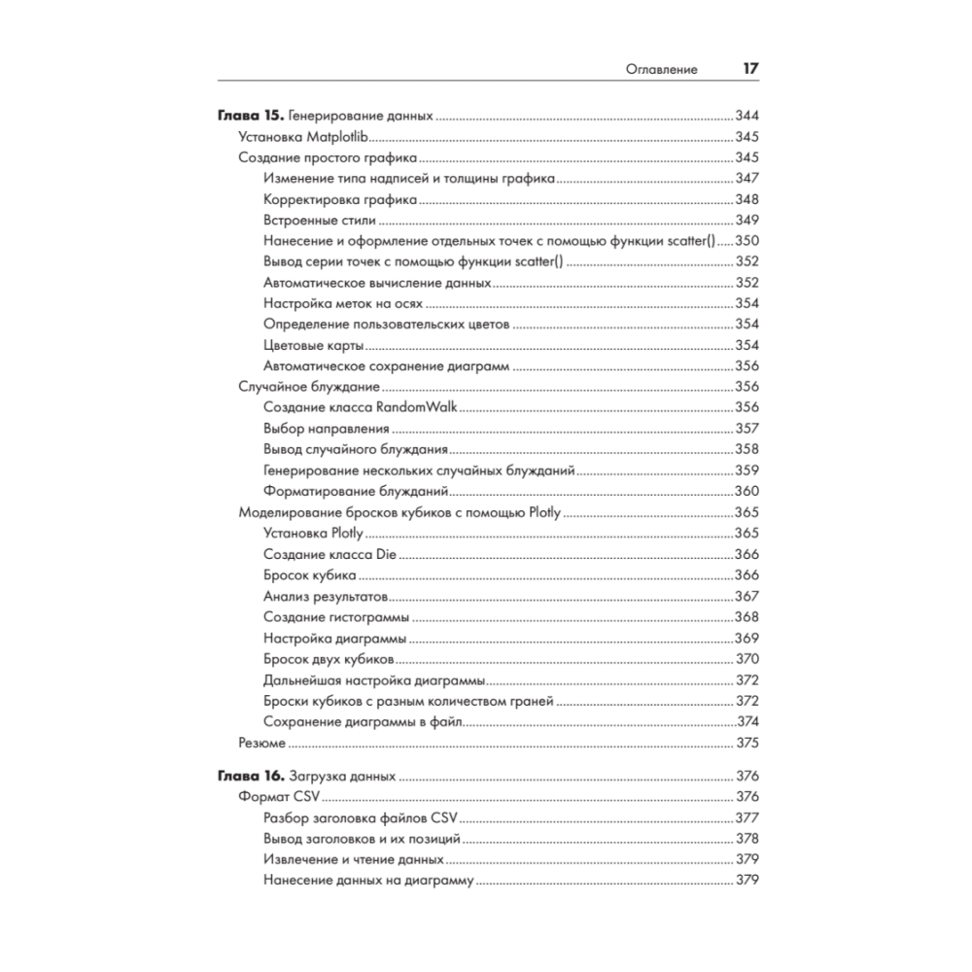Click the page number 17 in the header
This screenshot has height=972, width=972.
pyautogui.click(x=749, y=69)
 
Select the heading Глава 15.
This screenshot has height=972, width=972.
pyautogui.click(x=245, y=116)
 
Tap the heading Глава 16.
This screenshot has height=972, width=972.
pyautogui.click(x=245, y=777)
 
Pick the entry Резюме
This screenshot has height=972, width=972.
pyautogui.click(x=261, y=744)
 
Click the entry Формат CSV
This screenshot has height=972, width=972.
pyautogui.click(x=272, y=797)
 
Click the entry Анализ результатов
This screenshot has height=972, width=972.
pyautogui.click(x=326, y=597)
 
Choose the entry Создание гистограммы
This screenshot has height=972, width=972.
pyautogui.click(x=335, y=617)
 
